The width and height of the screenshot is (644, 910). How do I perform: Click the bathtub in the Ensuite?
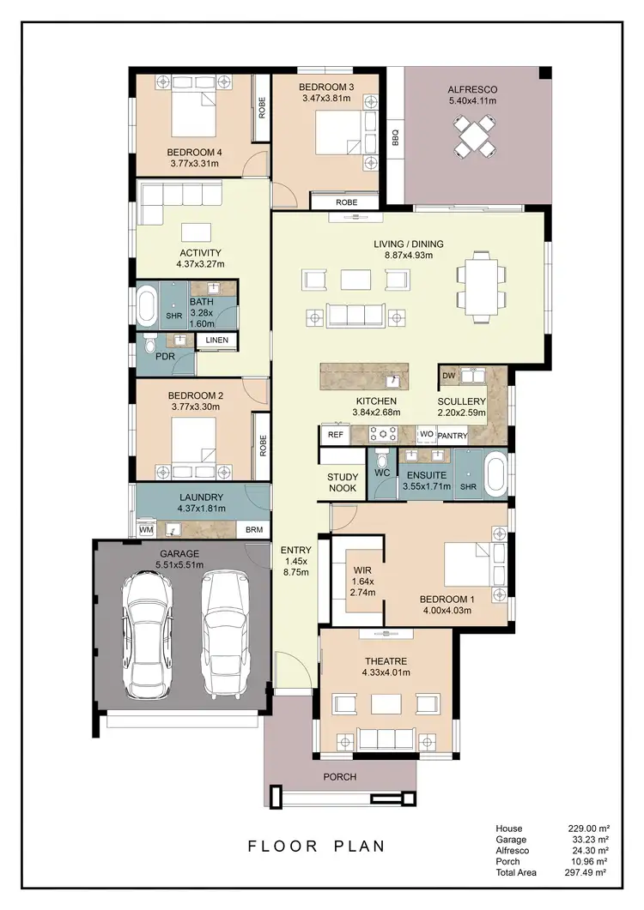click(x=495, y=475)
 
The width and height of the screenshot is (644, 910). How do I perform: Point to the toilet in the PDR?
click(x=150, y=347)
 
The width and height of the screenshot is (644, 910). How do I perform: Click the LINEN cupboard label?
click(x=216, y=341)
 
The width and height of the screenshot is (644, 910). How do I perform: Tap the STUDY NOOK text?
click(x=343, y=484)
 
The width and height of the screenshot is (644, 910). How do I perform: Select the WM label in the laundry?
click(x=146, y=531)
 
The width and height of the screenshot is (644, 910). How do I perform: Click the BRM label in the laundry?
click(x=254, y=531)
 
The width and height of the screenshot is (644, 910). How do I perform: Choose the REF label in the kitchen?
click(x=336, y=435)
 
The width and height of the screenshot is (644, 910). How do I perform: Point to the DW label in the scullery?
click(x=448, y=376)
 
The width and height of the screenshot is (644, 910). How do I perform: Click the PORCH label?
click(x=339, y=777)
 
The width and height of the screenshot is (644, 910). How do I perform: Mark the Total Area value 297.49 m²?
click(x=588, y=872)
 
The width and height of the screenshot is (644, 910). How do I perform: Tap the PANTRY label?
click(x=452, y=436)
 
